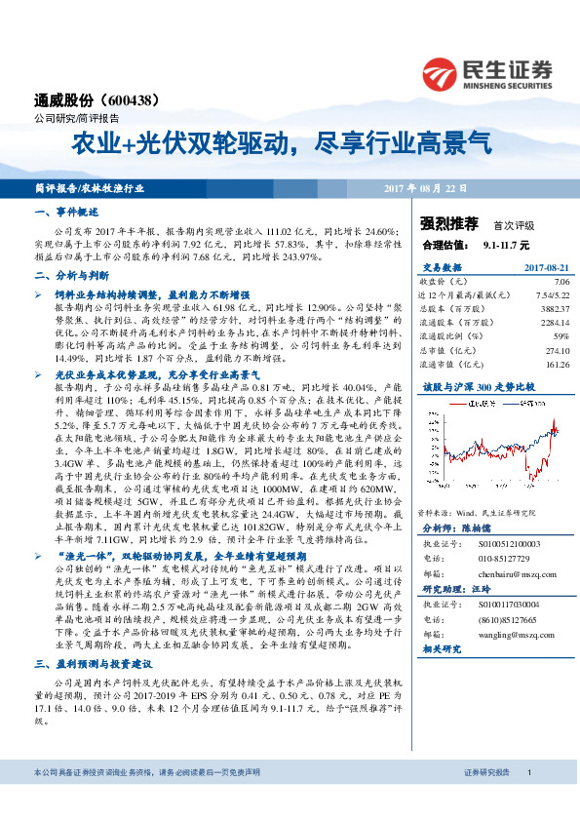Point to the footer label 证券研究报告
click(486, 799)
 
